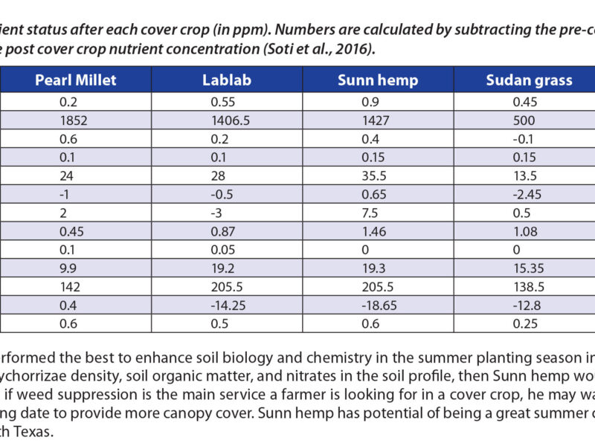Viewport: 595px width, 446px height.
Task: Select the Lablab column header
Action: point(223,80)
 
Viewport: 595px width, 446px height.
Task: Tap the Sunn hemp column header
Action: point(377,80)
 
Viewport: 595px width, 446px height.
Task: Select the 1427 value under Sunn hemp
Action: point(352,121)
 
